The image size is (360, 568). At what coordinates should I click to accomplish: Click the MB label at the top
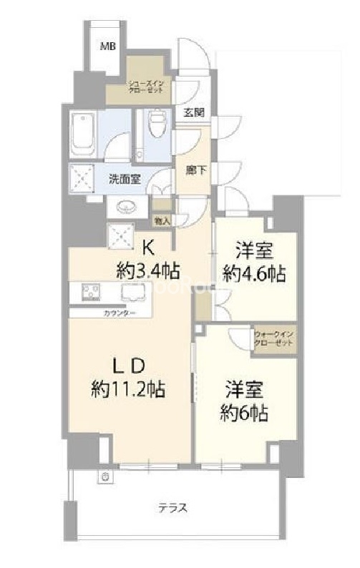pyautogui.click(x=107, y=47)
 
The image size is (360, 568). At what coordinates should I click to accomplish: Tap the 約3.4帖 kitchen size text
pyautogui.click(x=148, y=270)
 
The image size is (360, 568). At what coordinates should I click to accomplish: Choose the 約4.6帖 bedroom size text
pyautogui.click(x=253, y=273)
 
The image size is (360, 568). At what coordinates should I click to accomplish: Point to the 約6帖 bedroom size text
pyautogui.click(x=244, y=413)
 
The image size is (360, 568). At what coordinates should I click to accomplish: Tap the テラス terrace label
pyautogui.click(x=172, y=509)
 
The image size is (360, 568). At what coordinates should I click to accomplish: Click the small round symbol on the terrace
pyautogui.click(x=106, y=476)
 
